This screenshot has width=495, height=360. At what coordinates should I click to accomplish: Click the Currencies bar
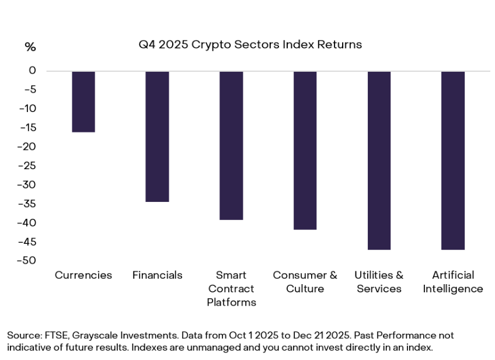click(x=83, y=102)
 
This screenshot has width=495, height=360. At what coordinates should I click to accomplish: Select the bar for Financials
click(x=157, y=137)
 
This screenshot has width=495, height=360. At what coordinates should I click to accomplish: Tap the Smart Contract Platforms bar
click(x=231, y=145)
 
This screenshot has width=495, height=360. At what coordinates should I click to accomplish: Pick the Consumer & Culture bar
click(x=305, y=151)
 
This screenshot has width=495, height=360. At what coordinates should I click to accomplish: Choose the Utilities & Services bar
click(x=379, y=160)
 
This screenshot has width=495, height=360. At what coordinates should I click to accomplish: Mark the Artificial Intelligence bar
click(x=453, y=160)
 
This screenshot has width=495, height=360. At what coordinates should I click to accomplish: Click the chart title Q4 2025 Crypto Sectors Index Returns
click(x=250, y=44)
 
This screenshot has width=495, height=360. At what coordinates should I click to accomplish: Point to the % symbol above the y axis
click(x=30, y=47)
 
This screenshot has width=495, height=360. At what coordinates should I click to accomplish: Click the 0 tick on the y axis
click(x=33, y=71)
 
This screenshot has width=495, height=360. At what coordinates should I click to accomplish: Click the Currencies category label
click(x=83, y=275)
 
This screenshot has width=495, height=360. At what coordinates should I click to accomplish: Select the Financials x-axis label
click(x=157, y=275)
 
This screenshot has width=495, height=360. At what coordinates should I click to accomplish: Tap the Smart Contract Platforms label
click(x=231, y=288)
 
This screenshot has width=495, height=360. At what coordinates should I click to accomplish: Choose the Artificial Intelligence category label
click(x=453, y=282)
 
